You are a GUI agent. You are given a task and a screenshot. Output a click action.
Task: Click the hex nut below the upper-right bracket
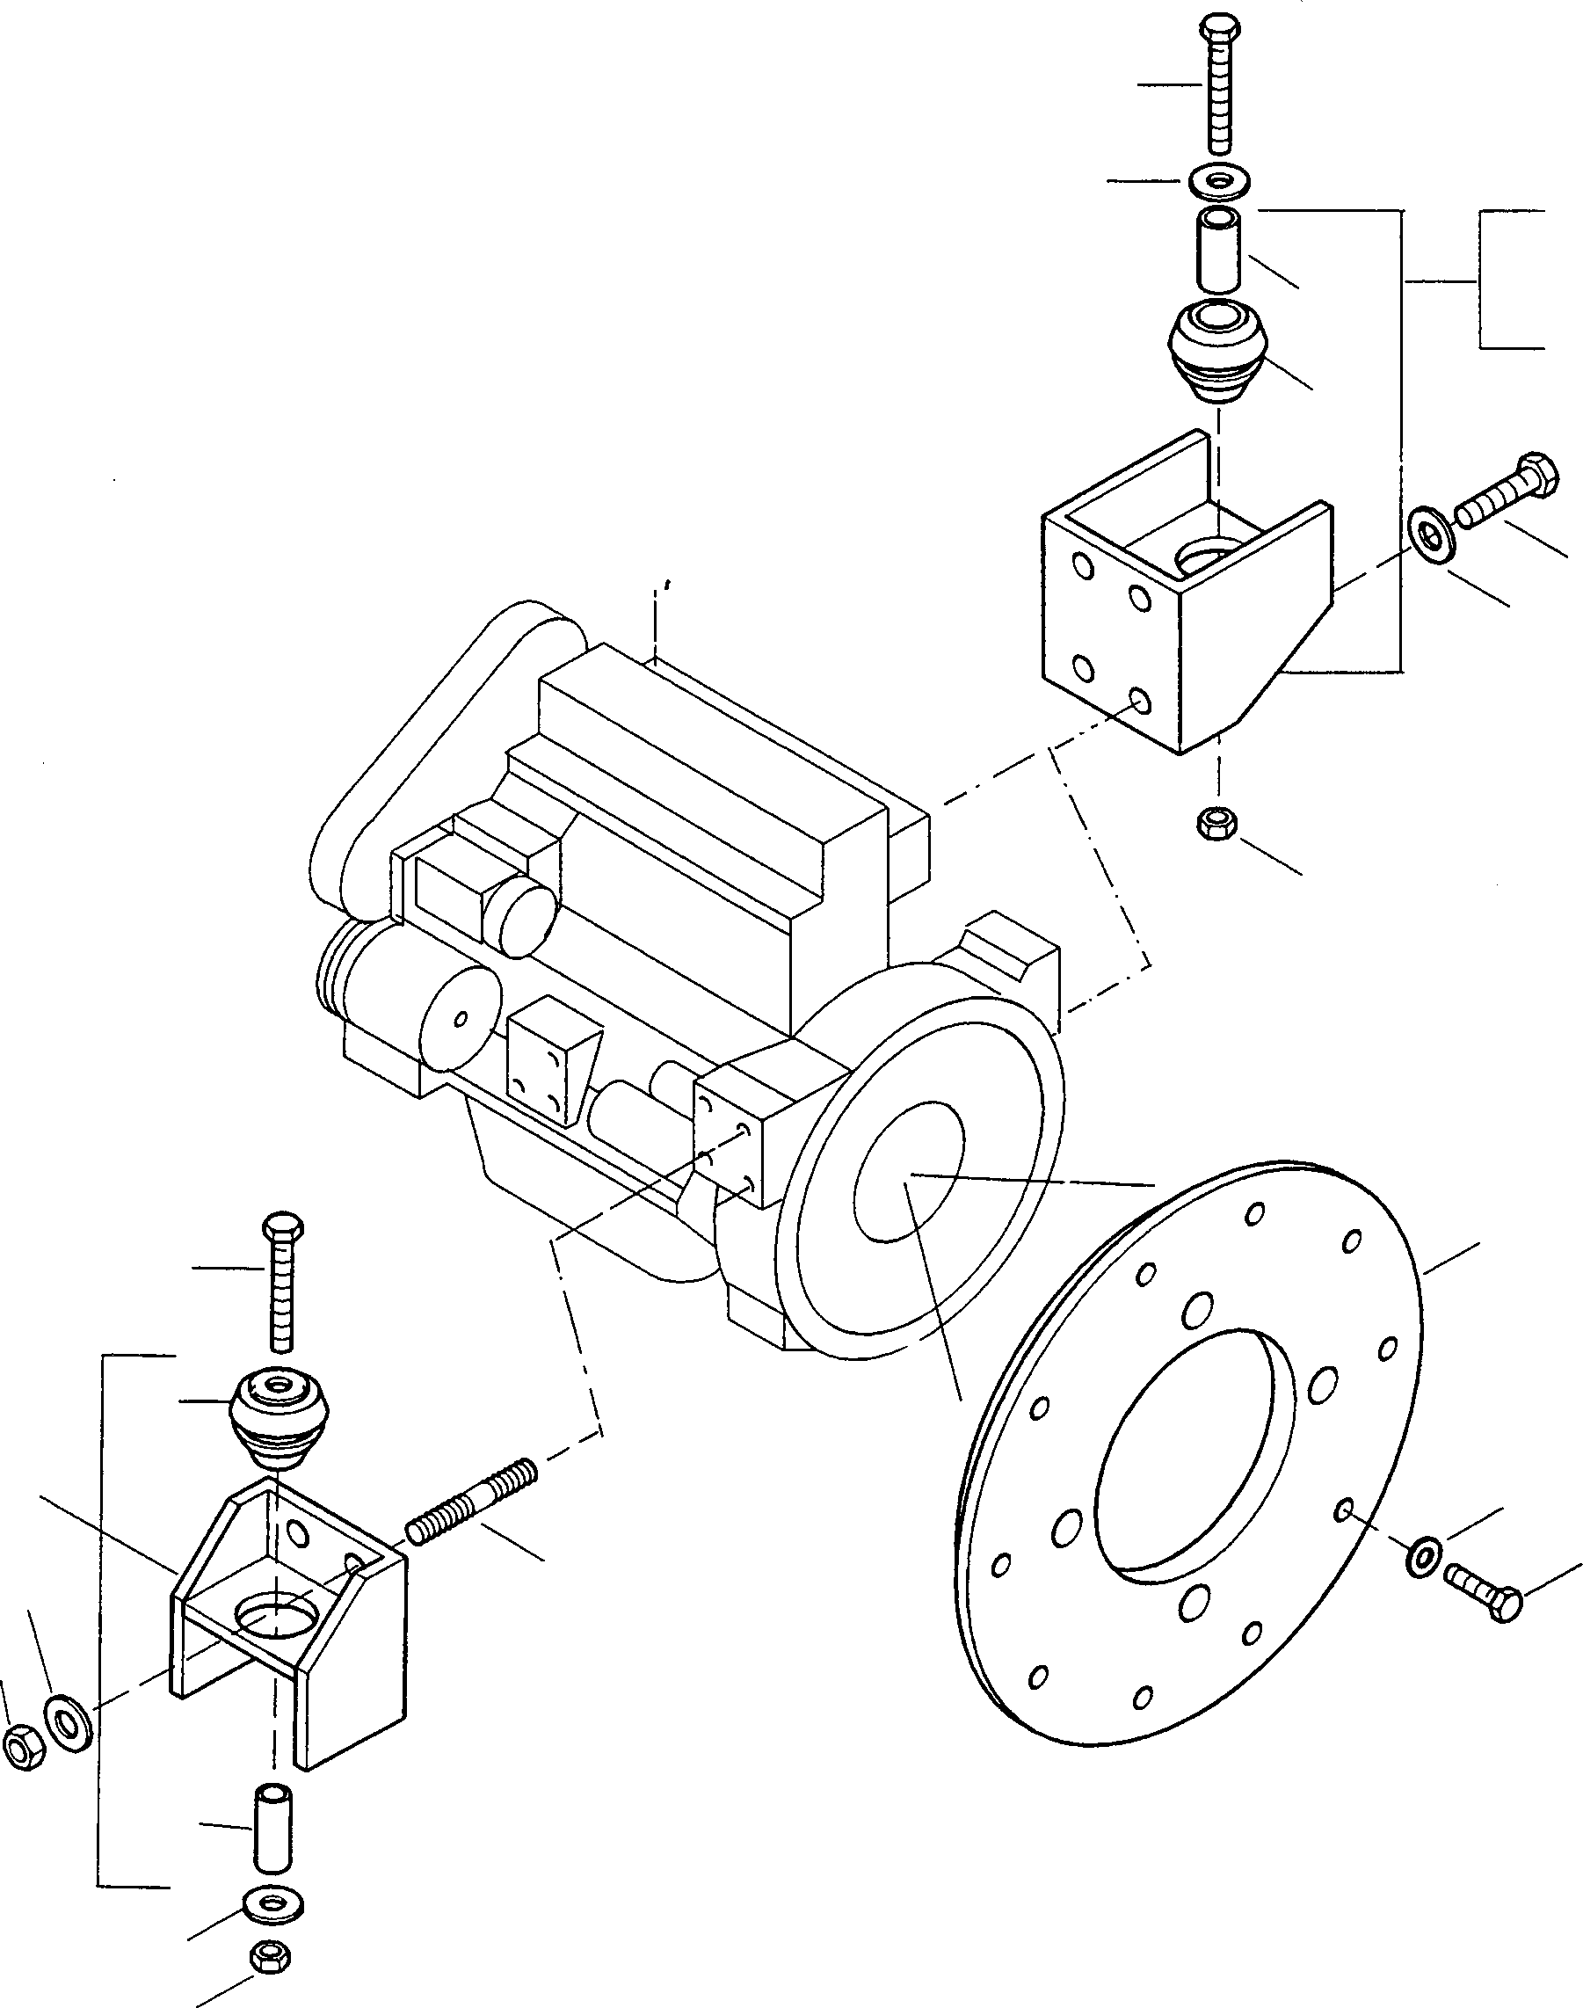(x=1215, y=823)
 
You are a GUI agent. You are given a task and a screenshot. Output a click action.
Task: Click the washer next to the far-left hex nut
(x=67, y=1723)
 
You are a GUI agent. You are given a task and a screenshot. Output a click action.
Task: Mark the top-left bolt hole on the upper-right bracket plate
(x=1082, y=564)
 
